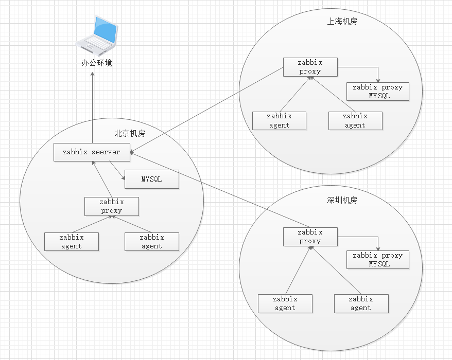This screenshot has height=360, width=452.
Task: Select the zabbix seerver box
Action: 92,152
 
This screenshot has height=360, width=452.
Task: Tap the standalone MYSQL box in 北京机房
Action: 152,179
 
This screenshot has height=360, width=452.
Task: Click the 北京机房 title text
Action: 130,134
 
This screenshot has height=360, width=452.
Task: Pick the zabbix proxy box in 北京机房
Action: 112,206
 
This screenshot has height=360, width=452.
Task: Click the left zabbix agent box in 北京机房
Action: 72,242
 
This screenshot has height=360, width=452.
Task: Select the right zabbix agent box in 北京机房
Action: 152,242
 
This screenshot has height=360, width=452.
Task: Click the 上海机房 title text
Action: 342,22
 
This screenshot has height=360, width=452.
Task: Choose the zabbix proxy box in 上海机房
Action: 310,67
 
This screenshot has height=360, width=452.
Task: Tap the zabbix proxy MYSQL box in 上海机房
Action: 378,92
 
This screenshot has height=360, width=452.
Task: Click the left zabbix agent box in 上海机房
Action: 280,121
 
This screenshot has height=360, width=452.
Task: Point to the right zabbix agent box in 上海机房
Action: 355,121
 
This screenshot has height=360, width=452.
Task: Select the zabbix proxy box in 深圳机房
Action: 310,237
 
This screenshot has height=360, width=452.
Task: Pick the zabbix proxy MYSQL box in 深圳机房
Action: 378,260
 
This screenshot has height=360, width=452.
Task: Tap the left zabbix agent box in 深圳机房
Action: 285,303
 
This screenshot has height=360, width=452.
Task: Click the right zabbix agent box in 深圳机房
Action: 361,303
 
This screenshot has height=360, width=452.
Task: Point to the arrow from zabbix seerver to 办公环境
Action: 93,108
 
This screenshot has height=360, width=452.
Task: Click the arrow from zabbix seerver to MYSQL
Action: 117,171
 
